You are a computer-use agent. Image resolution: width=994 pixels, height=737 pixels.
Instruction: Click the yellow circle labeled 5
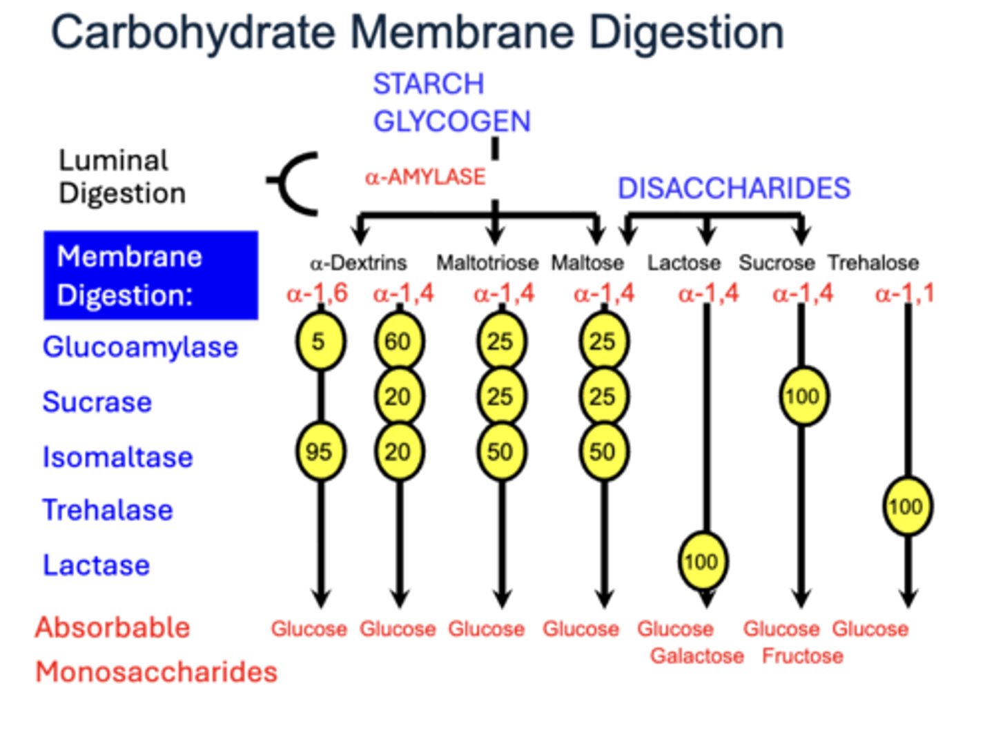pos(320,341)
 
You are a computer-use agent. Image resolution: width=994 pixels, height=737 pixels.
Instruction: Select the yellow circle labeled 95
pos(320,452)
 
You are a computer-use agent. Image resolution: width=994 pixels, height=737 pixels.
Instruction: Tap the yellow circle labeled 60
pos(398,341)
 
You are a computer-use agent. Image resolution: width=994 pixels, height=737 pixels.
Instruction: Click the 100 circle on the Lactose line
pos(702,561)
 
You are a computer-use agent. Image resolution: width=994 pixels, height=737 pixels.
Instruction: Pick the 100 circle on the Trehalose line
pos(907,507)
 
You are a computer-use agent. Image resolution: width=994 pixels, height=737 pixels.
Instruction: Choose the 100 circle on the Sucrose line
pos(803,396)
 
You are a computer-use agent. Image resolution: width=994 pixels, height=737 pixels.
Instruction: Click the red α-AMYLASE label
pos(425,177)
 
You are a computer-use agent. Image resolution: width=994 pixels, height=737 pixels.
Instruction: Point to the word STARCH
pos(429,84)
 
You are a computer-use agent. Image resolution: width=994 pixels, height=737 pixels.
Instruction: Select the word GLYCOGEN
pos(451,121)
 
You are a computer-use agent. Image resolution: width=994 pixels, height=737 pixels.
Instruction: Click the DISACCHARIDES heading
pos(734,188)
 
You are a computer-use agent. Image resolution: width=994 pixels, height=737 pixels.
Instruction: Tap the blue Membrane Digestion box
pos(150,275)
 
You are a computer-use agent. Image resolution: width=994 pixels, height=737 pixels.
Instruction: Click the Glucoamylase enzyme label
pos(140,346)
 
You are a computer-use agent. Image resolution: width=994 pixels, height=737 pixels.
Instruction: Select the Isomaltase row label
pos(117,457)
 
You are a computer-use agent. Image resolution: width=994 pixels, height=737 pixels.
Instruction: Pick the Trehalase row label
pos(108,510)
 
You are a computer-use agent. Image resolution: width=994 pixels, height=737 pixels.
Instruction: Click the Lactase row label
pos(97,565)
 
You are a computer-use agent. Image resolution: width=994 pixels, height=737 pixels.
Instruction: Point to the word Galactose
pos(696,656)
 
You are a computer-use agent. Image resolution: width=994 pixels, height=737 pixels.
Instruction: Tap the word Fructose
pos(802,656)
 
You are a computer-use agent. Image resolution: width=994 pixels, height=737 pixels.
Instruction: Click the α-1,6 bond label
pos(317,293)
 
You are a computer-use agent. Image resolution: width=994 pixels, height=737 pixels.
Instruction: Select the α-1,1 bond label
pos(904,293)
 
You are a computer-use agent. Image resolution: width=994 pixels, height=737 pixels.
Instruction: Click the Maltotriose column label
pos(487,263)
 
